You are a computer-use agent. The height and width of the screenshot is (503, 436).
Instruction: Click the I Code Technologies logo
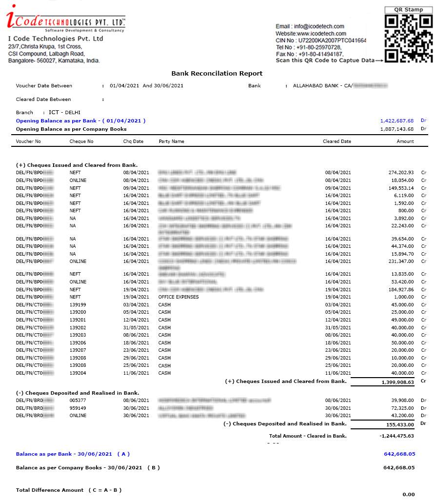(65, 19)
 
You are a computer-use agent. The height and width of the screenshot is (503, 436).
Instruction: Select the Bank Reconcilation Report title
(217, 74)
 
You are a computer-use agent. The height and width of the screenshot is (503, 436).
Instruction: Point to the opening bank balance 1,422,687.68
(397, 121)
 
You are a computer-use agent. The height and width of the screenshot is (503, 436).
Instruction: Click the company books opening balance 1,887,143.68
(397, 129)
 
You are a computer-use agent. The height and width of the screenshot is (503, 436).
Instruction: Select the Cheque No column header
(81, 141)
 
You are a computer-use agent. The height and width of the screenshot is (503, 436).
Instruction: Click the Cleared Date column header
(337, 141)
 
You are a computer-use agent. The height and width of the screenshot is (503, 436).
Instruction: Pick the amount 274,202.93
(401, 173)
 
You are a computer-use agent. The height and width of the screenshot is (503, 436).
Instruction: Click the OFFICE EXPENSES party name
(178, 297)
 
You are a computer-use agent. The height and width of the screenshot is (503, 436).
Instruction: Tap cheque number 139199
(78, 304)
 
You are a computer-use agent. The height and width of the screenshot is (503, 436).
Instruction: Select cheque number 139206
(78, 342)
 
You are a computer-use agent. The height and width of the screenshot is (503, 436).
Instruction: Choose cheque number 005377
(78, 401)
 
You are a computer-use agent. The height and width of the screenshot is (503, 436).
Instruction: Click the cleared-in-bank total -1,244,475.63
(396, 436)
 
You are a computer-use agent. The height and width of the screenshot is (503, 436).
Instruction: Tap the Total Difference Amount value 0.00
(408, 495)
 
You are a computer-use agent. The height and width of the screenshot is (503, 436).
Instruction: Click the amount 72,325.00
(402, 408)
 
